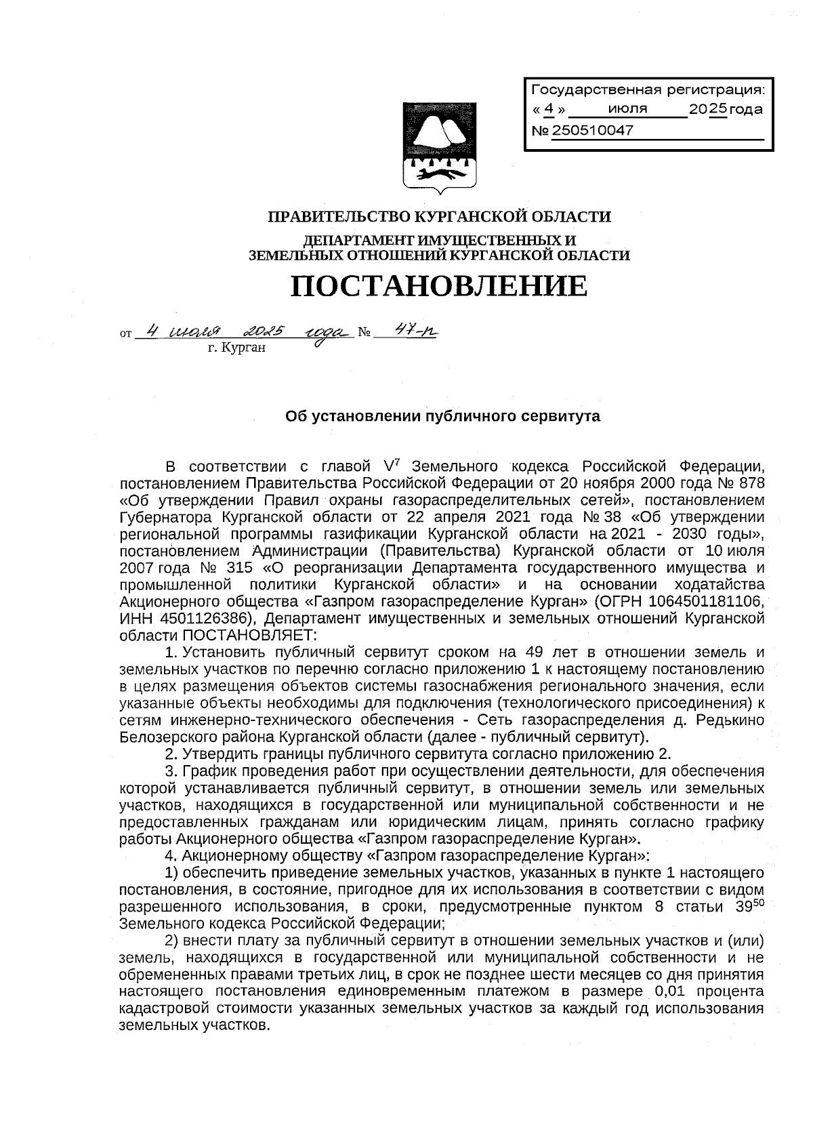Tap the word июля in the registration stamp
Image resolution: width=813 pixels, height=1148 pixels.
pyautogui.click(x=627, y=109)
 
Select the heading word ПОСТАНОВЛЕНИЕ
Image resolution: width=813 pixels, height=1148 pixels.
pyautogui.click(x=439, y=287)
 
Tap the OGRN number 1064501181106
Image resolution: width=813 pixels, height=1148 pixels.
pyautogui.click(x=707, y=602)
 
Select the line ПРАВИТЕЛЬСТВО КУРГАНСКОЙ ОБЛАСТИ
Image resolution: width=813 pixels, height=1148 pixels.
pyautogui.click(x=440, y=217)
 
